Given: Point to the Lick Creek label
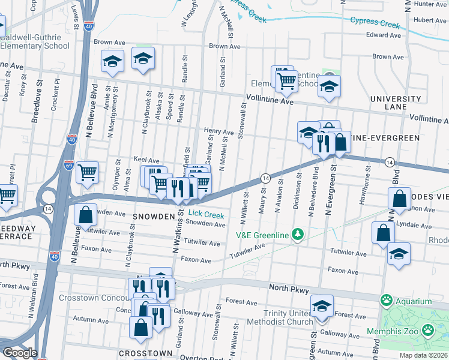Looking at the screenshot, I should coord(206,215).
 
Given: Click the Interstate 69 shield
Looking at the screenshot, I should coord(70,165).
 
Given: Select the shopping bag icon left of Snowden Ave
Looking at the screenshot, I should coord(86,214).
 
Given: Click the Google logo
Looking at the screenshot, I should coord(19,353).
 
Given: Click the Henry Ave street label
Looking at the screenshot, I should coord(218,131).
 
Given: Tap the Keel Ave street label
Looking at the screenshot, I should coord(146,160).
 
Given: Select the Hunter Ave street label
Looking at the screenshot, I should coord(430,4).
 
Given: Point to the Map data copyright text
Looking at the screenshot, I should coord(424,355).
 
